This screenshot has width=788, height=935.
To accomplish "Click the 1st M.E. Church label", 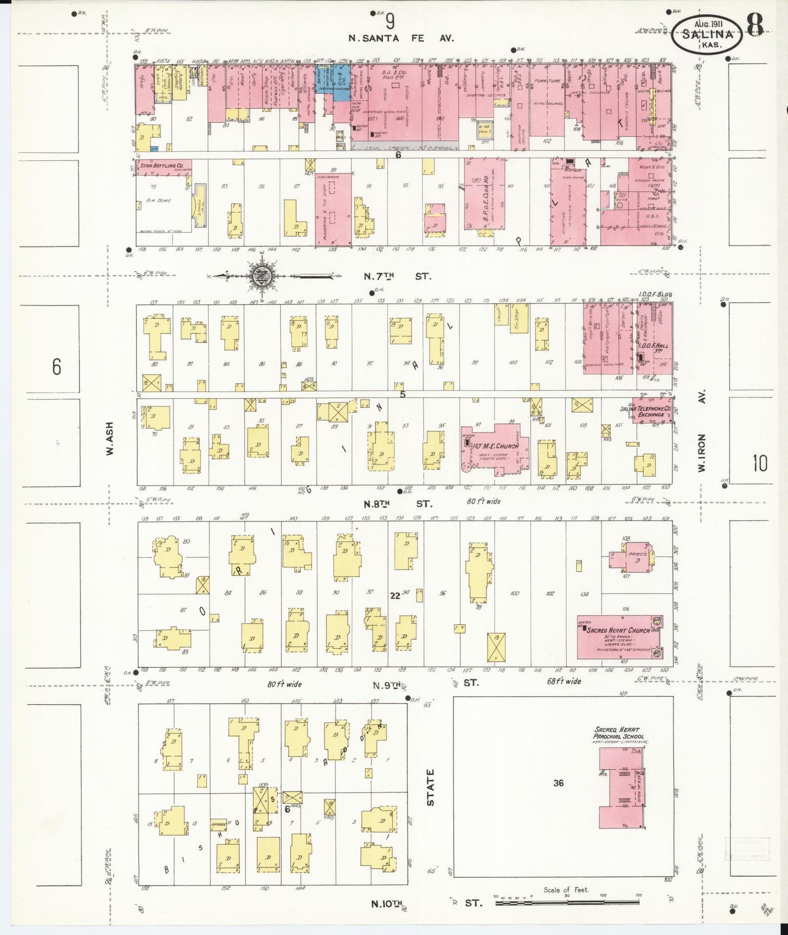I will click(x=495, y=446).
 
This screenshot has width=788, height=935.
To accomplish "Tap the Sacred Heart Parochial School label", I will click(x=618, y=733).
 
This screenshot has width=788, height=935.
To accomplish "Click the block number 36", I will click(x=558, y=783).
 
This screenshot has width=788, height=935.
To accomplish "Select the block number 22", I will click(x=395, y=596).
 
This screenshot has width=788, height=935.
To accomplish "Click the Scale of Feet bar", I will click(x=567, y=903).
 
